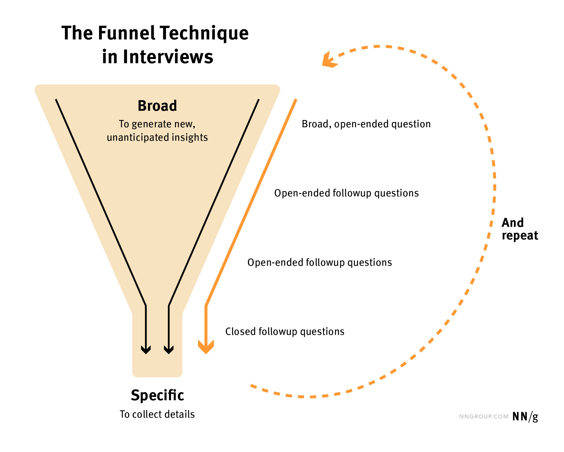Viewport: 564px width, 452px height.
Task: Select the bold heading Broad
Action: (157, 106)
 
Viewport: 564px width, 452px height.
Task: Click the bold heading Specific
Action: (157, 395)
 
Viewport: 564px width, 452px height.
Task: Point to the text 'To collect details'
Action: (157, 414)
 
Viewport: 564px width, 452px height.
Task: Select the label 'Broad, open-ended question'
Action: (366, 124)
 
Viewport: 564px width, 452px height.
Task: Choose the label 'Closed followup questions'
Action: (285, 332)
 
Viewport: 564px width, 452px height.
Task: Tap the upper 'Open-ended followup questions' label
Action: (346, 193)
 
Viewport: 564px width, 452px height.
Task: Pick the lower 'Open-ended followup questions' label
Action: (319, 263)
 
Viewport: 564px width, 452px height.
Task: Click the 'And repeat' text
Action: (519, 229)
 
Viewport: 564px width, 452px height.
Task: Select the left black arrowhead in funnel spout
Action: (146, 350)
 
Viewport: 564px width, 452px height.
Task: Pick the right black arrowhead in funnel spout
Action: (169, 350)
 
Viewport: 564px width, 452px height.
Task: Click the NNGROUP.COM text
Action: (484, 417)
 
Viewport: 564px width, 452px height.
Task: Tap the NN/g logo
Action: (525, 417)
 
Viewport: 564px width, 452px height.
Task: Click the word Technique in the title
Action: (204, 33)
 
